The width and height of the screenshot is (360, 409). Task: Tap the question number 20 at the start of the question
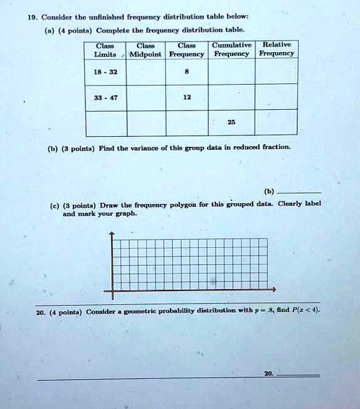tap(41, 312)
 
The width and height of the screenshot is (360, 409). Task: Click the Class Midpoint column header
tap(146, 50)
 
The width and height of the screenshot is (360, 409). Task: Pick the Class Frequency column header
tap(186, 50)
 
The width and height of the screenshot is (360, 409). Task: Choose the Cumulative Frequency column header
tap(231, 50)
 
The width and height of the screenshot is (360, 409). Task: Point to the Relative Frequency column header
tap(277, 50)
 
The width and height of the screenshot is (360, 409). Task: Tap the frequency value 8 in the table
tap(186, 72)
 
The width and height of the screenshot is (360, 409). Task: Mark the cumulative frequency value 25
tap(231, 122)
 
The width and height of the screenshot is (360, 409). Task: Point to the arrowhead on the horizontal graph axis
tap(273, 290)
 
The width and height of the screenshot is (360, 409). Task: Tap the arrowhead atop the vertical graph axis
tap(112, 235)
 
